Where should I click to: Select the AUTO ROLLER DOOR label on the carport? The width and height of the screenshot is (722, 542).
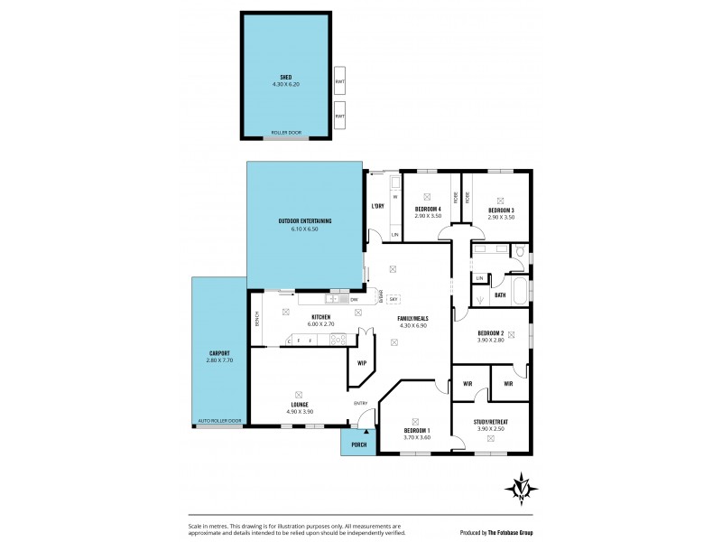[220, 421]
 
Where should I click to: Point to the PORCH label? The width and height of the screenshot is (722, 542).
[357, 443]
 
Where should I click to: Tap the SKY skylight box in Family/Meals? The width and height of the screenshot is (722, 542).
[393, 299]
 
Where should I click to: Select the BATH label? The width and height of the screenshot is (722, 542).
[499, 294]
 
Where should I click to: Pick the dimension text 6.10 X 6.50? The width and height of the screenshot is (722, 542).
[304, 229]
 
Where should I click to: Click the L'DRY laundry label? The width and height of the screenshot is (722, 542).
[378, 206]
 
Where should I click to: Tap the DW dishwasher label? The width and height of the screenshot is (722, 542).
[355, 299]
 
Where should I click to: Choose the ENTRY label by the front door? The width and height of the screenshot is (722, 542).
[361, 403]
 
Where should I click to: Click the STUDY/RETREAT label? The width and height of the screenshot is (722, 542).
[490, 421]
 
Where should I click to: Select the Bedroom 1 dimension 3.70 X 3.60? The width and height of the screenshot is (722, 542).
[415, 437]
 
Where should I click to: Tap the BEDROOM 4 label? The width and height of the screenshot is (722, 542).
[428, 208]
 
